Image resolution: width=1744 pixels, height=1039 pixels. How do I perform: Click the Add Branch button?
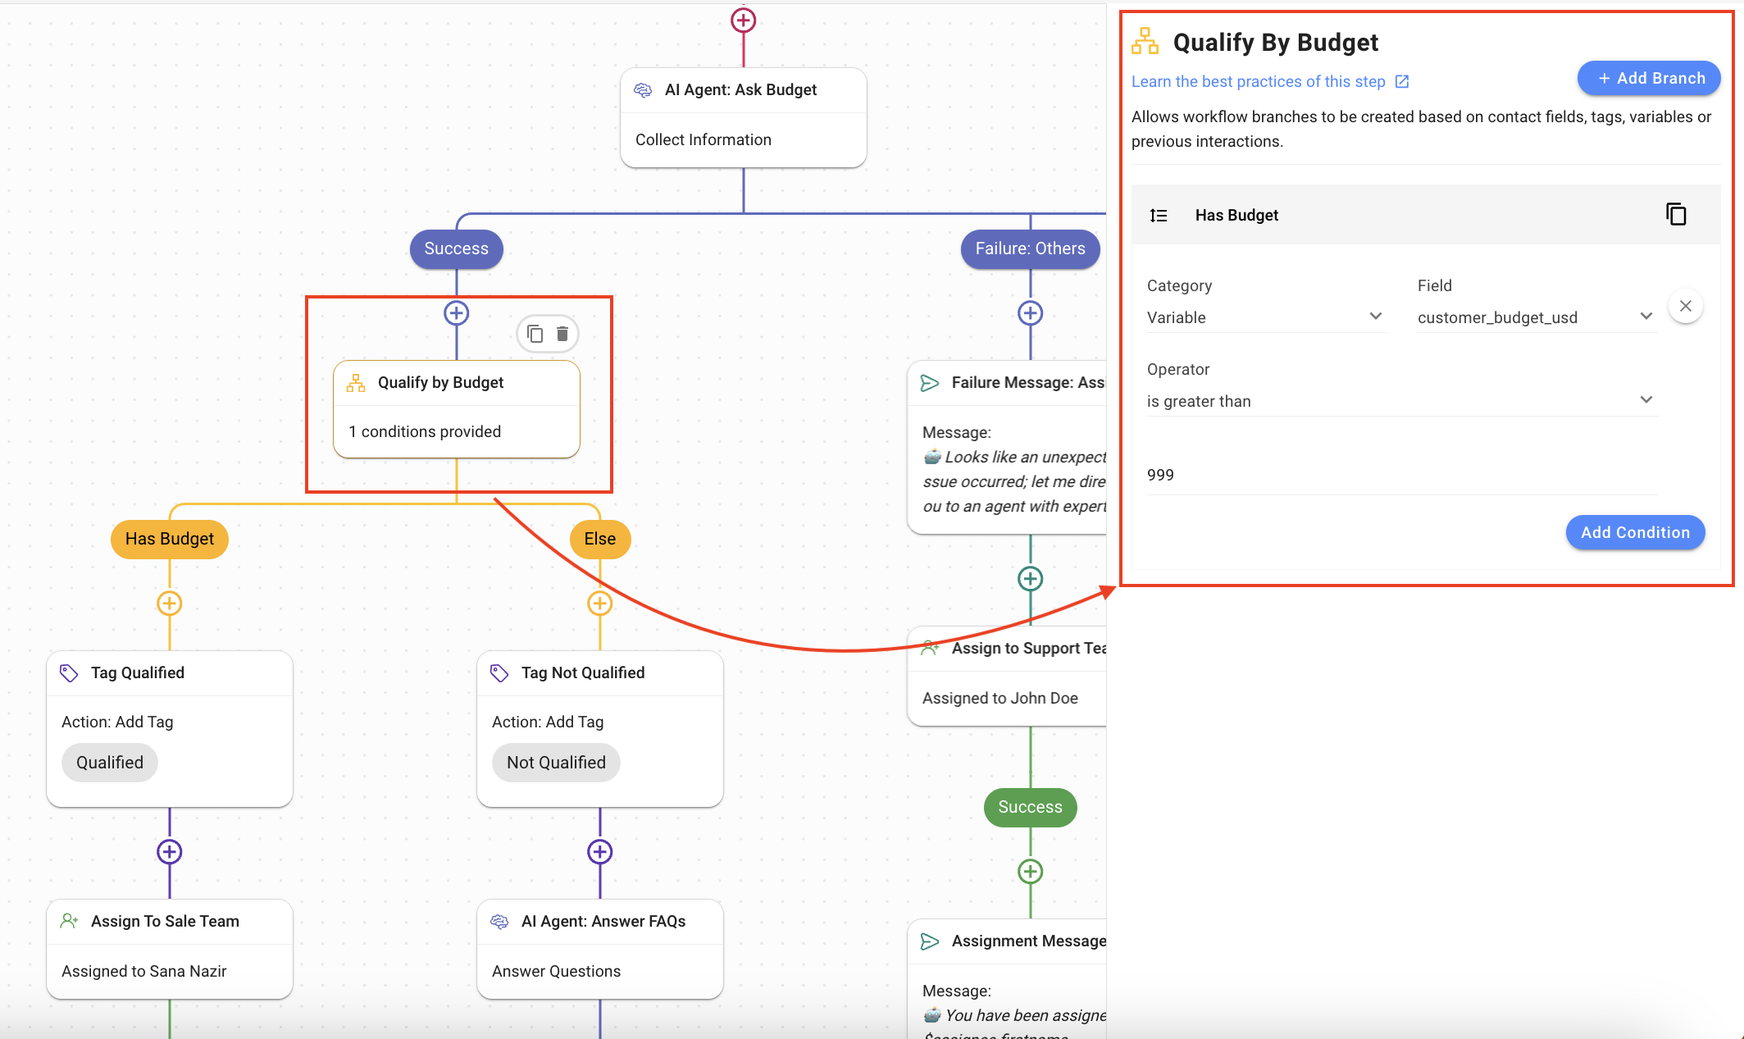(1649, 79)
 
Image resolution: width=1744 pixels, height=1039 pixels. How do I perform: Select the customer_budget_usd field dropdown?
(1534, 317)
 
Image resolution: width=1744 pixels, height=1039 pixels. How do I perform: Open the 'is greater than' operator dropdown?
(1400, 401)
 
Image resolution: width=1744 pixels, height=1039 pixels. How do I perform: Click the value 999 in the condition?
(1161, 476)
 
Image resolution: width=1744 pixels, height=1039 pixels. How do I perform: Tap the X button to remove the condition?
(1685, 307)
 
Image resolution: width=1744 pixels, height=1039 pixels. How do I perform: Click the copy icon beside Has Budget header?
(1676, 215)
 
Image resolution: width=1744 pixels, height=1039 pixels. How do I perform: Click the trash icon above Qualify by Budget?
(562, 334)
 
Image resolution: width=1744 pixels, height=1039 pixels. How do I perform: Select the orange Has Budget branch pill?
(170, 539)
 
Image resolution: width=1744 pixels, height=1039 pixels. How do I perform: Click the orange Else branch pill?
(599, 539)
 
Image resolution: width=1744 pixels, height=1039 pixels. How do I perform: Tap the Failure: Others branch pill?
(1030, 248)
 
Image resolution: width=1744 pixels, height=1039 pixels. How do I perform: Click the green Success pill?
(1030, 807)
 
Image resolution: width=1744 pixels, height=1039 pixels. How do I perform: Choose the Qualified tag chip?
(110, 763)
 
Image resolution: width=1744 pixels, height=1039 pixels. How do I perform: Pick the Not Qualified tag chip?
(556, 763)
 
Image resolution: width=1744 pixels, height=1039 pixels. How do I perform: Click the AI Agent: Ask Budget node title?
(740, 90)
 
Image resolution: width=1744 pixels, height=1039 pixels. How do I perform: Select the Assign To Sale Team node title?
(165, 922)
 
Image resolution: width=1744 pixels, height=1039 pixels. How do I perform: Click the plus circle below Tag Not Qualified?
(600, 852)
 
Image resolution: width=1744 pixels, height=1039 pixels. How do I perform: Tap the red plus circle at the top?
(744, 21)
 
